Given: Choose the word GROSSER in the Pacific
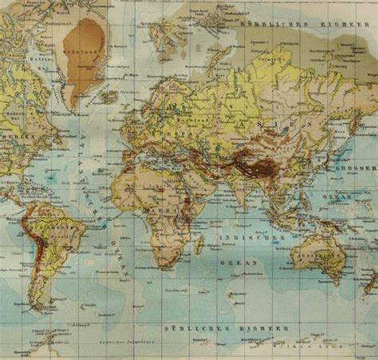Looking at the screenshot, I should [x=360, y=171].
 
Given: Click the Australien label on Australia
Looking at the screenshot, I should [x=327, y=255].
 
